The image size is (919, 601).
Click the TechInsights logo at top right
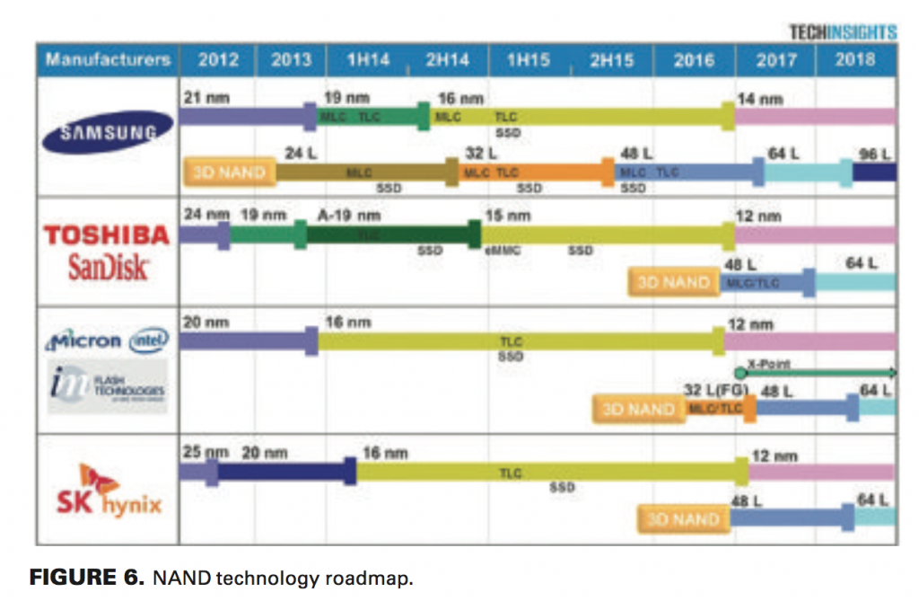842,32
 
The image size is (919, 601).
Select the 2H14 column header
447,60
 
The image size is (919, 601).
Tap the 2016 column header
694,60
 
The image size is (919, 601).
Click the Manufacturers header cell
108,60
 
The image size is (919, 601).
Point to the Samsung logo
108,133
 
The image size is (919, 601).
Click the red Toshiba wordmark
107,235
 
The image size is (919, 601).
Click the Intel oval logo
149,340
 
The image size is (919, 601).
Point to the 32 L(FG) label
716,391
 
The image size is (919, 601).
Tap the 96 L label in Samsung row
873,155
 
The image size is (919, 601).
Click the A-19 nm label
349,216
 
